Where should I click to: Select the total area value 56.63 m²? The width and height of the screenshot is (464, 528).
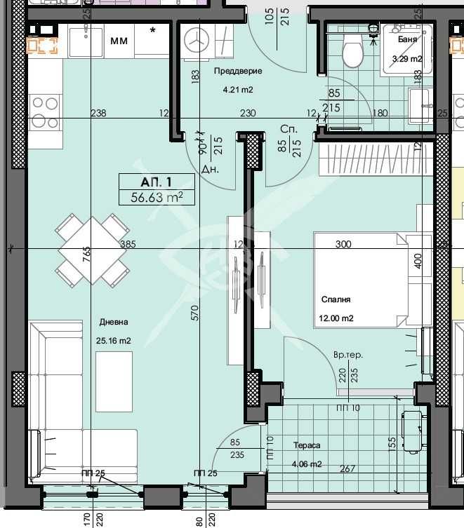click(x=157, y=197)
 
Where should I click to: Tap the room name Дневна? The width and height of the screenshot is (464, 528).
click(x=114, y=322)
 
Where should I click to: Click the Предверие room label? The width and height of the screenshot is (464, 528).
click(x=237, y=72)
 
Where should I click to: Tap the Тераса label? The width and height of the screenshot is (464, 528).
click(x=307, y=445)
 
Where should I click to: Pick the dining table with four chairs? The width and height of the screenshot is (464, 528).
click(x=92, y=250)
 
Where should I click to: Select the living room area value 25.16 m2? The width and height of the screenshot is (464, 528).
click(x=114, y=341)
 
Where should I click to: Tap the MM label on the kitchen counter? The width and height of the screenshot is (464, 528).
click(x=119, y=41)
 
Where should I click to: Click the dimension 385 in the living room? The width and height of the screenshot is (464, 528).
click(x=127, y=245)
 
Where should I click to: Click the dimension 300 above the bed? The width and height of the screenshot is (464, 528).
click(x=343, y=244)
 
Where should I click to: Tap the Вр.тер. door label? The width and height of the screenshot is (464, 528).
click(x=348, y=356)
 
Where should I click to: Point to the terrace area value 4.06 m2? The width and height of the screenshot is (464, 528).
click(x=307, y=464)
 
